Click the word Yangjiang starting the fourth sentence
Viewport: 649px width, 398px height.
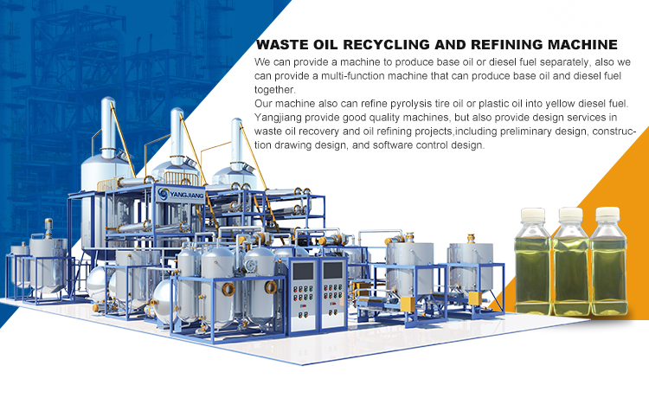click(281, 118)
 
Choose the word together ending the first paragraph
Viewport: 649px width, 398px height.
click(275, 90)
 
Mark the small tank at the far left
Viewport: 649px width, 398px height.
click(18, 260)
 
